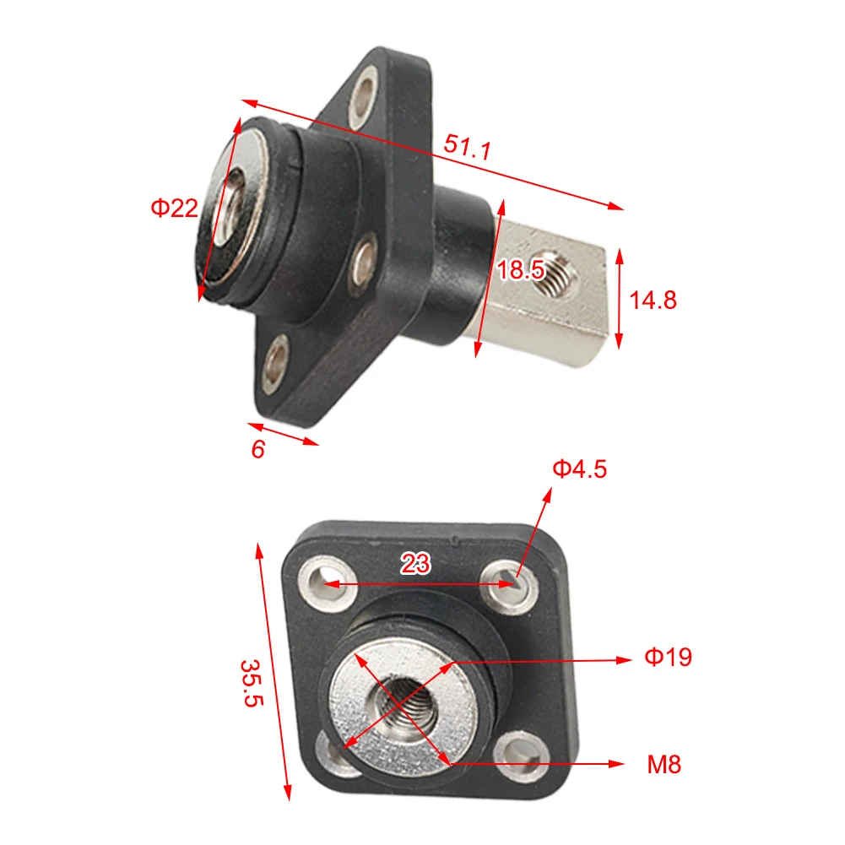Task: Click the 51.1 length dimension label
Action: [467, 147]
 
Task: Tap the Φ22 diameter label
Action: [174, 208]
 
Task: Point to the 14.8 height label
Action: [653, 300]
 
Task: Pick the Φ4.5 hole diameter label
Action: [579, 469]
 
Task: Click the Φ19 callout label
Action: [668, 658]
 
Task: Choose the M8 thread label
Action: [664, 765]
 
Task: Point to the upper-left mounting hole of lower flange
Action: [323, 583]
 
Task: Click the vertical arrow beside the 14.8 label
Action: [620, 298]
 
